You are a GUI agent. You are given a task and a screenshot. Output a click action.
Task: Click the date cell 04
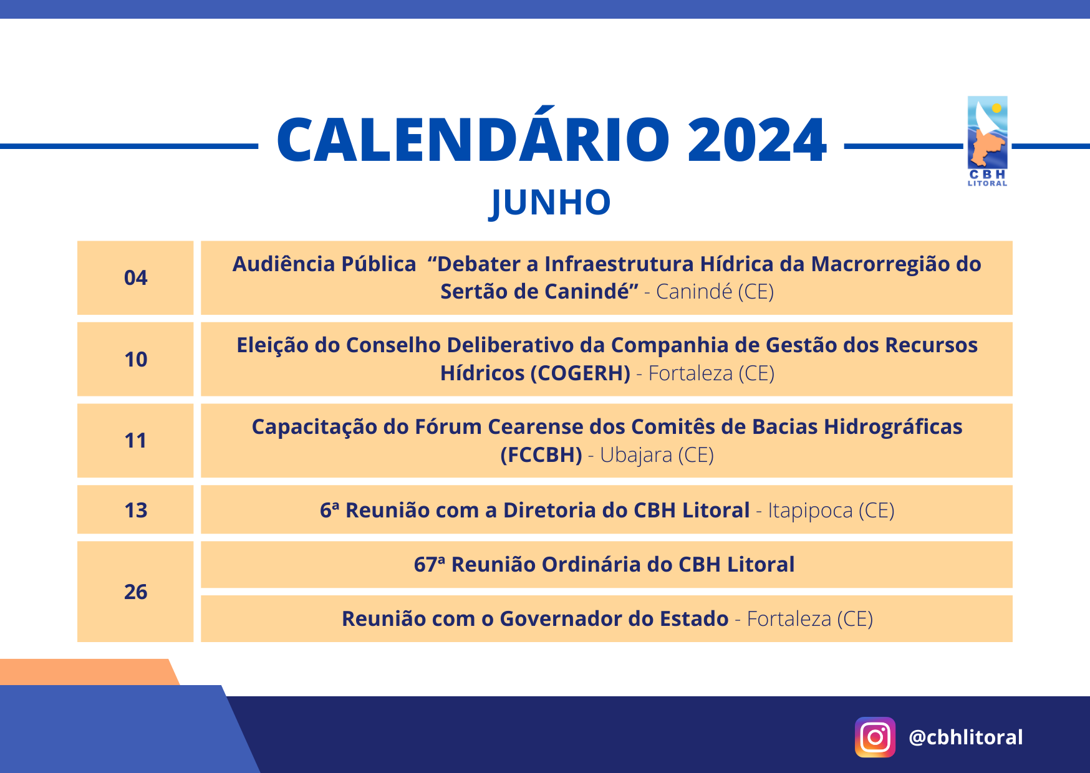pyautogui.click(x=135, y=277)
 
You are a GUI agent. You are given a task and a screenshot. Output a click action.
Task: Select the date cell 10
pyautogui.click(x=135, y=359)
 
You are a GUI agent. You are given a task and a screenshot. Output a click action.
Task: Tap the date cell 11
pyautogui.click(x=135, y=441)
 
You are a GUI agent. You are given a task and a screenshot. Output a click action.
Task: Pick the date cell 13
pyautogui.click(x=135, y=510)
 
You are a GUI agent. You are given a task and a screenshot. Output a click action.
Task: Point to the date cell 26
pyautogui.click(x=135, y=592)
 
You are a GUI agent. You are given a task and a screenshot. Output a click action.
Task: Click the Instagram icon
pyautogui.click(x=875, y=737)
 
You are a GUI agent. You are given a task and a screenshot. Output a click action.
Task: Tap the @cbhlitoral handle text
pyautogui.click(x=966, y=737)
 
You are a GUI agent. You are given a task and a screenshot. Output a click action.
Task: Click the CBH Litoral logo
pyautogui.click(x=988, y=142)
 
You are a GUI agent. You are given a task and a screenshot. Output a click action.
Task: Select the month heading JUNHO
pyautogui.click(x=550, y=203)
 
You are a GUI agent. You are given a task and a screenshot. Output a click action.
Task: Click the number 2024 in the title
pyautogui.click(x=757, y=140)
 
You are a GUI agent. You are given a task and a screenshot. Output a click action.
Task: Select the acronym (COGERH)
pyautogui.click(x=580, y=373)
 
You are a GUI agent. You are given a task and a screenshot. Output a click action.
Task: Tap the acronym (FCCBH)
pyautogui.click(x=541, y=455)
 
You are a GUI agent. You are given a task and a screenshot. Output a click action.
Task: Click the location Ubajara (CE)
pyautogui.click(x=657, y=455)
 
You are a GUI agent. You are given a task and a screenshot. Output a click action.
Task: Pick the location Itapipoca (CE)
pyautogui.click(x=831, y=511)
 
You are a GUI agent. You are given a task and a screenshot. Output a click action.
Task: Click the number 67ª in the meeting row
pyautogui.click(x=430, y=564)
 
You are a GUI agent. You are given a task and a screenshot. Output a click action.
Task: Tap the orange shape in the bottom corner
pyautogui.click(x=87, y=672)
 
